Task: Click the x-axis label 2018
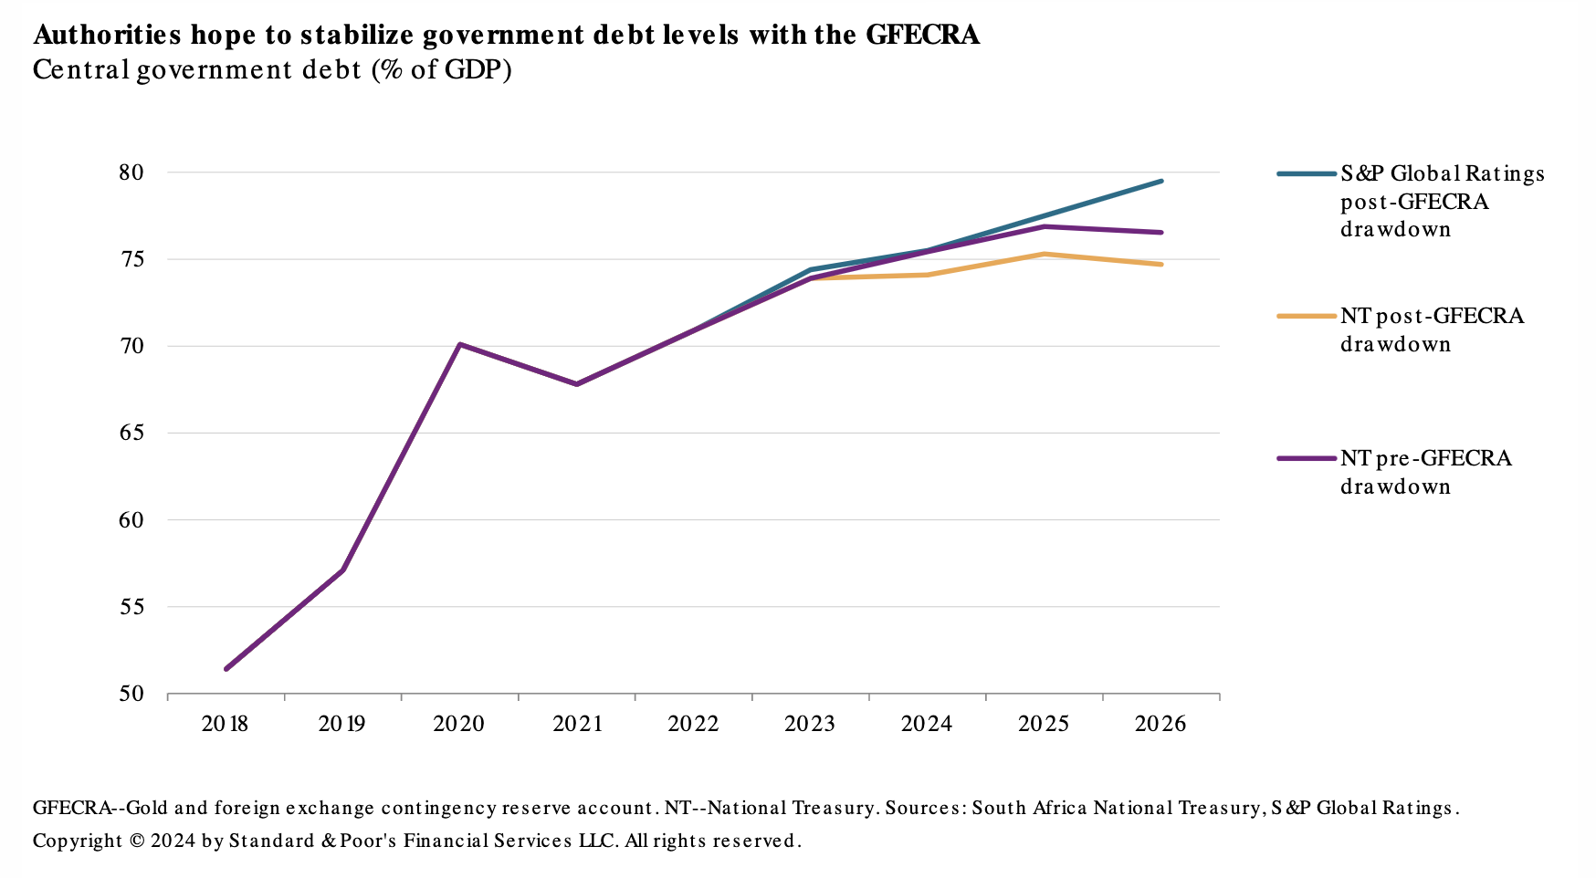click(225, 725)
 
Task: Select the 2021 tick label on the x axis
click(577, 725)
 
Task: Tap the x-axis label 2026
click(1160, 725)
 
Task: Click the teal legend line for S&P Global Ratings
click(1306, 173)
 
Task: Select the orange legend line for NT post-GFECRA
click(1306, 316)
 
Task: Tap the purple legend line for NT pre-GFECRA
click(1306, 458)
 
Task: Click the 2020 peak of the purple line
click(459, 344)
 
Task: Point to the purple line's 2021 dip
click(577, 384)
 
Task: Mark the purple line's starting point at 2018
click(226, 669)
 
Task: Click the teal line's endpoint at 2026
click(1161, 181)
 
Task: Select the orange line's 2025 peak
click(1044, 254)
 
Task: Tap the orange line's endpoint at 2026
click(1161, 265)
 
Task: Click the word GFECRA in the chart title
click(922, 35)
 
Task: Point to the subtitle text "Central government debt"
click(197, 70)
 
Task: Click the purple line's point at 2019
click(342, 570)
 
